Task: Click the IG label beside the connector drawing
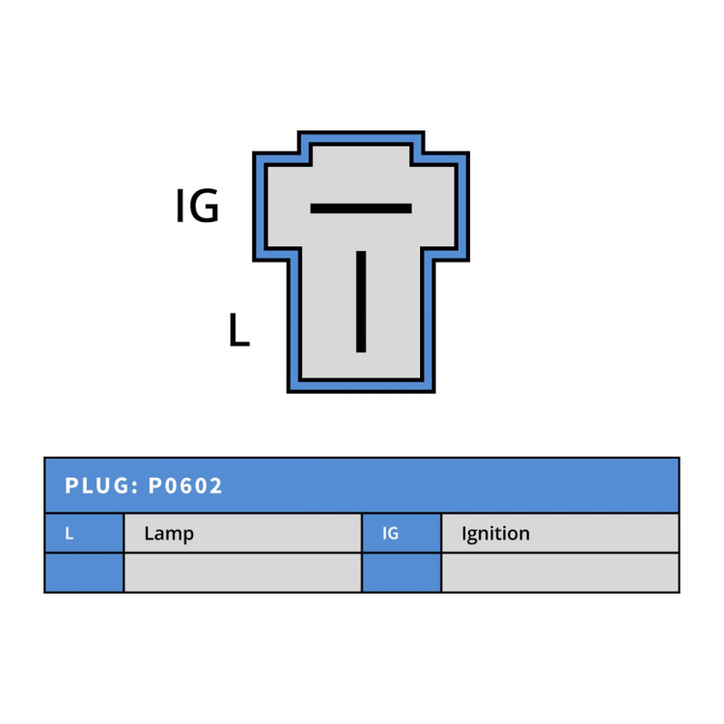pos(197,206)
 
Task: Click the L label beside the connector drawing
pos(239,329)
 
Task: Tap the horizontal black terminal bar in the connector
pos(361,209)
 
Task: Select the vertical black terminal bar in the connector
pos(361,301)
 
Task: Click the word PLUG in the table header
pos(97,486)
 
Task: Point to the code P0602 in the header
pos(185,486)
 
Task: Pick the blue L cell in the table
pos(85,533)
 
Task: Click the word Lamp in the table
pos(169,534)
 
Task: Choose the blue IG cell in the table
pos(402,533)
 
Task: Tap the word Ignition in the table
pos(495,534)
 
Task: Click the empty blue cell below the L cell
pos(85,572)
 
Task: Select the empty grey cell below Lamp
pos(243,572)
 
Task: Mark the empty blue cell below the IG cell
pos(402,572)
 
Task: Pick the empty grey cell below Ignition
pos(560,572)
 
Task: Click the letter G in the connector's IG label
pos(204,206)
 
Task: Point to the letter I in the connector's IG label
pos(181,206)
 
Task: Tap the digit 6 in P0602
pos(185,486)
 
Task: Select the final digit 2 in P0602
pos(215,486)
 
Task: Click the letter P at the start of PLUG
pos(71,486)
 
